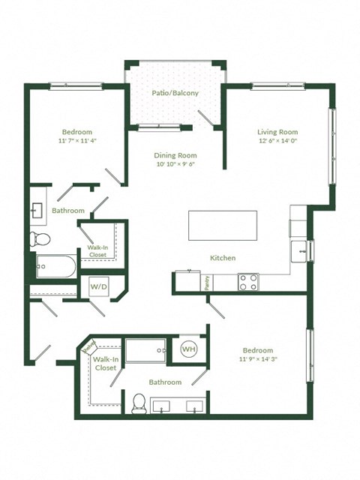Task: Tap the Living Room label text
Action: click(278, 130)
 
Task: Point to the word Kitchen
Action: click(223, 258)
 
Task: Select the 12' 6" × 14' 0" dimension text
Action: click(278, 140)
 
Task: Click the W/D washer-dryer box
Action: click(98, 286)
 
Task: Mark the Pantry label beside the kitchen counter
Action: click(206, 281)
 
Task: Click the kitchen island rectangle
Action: click(223, 224)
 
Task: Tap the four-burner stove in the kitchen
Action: click(248, 281)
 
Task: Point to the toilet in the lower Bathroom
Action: click(138, 403)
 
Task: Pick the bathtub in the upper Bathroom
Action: click(55, 266)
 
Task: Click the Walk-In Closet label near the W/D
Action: click(98, 250)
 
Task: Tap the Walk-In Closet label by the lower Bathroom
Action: click(105, 364)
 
